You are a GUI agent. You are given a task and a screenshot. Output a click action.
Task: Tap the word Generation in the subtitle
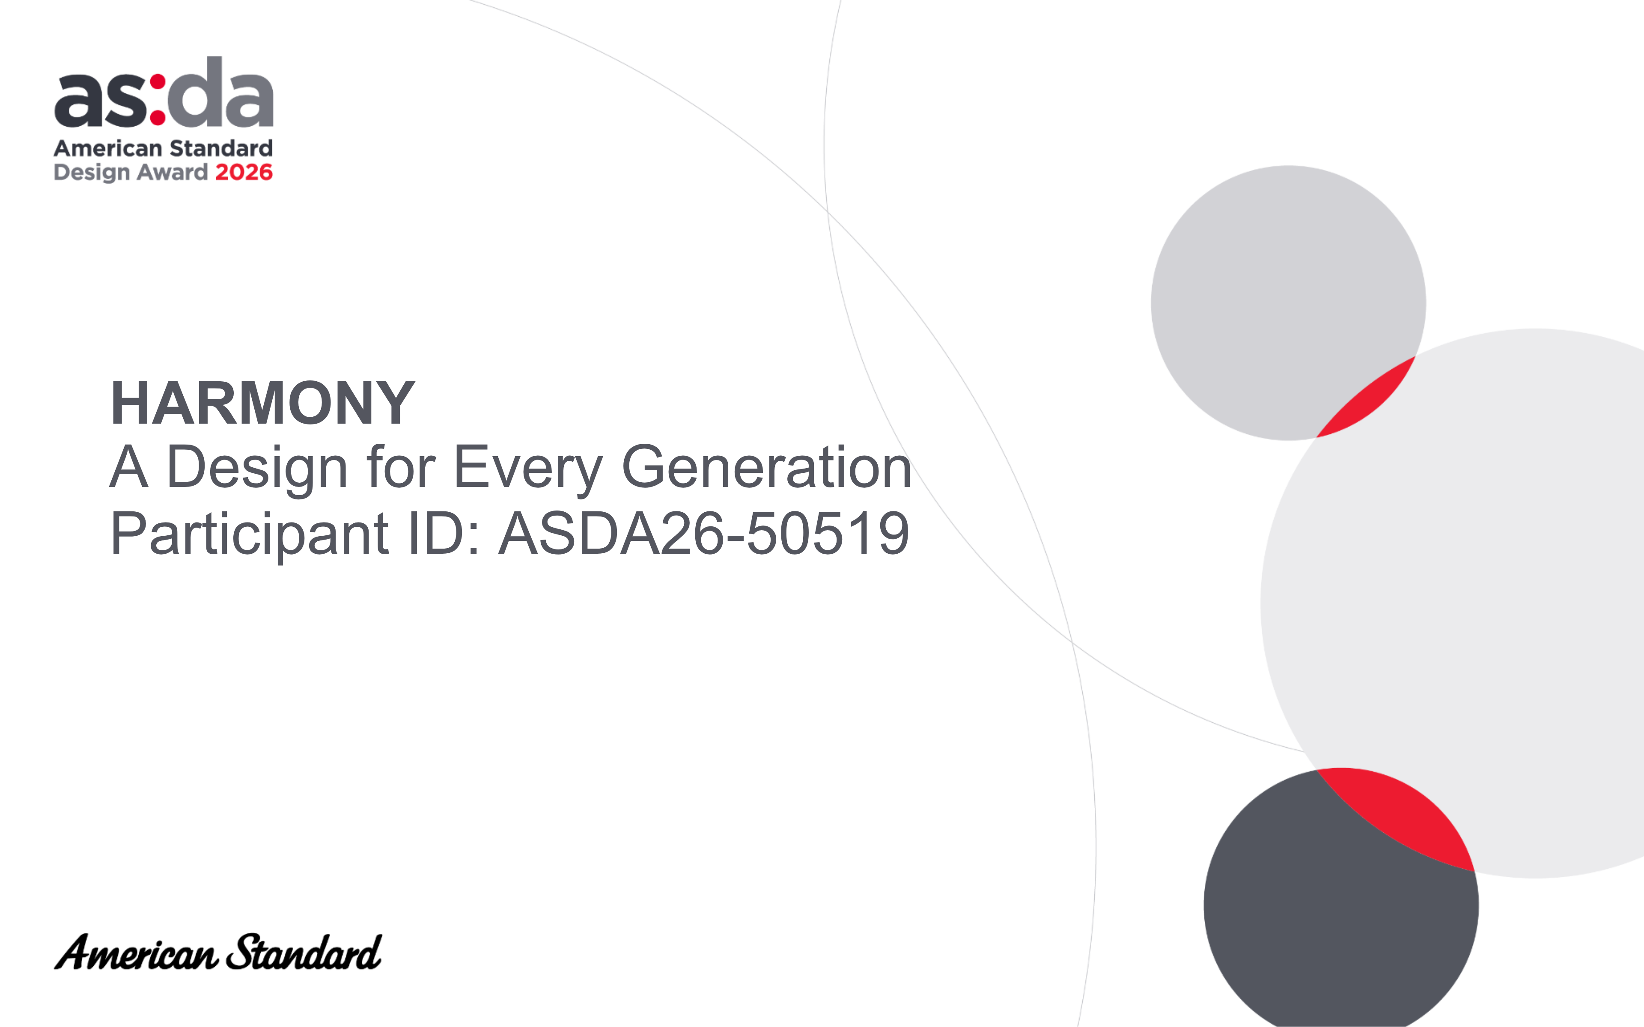pyautogui.click(x=766, y=467)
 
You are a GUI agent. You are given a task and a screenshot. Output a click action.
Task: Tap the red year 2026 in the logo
pyautogui.click(x=244, y=172)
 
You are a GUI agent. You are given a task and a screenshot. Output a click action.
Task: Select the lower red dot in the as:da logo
pyautogui.click(x=158, y=118)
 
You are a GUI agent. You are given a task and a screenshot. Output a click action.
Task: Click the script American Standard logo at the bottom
pyautogui.click(x=217, y=952)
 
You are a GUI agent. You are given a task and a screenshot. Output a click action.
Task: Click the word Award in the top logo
pyautogui.click(x=173, y=172)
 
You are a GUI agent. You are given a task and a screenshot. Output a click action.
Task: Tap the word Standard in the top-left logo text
pyautogui.click(x=221, y=148)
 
